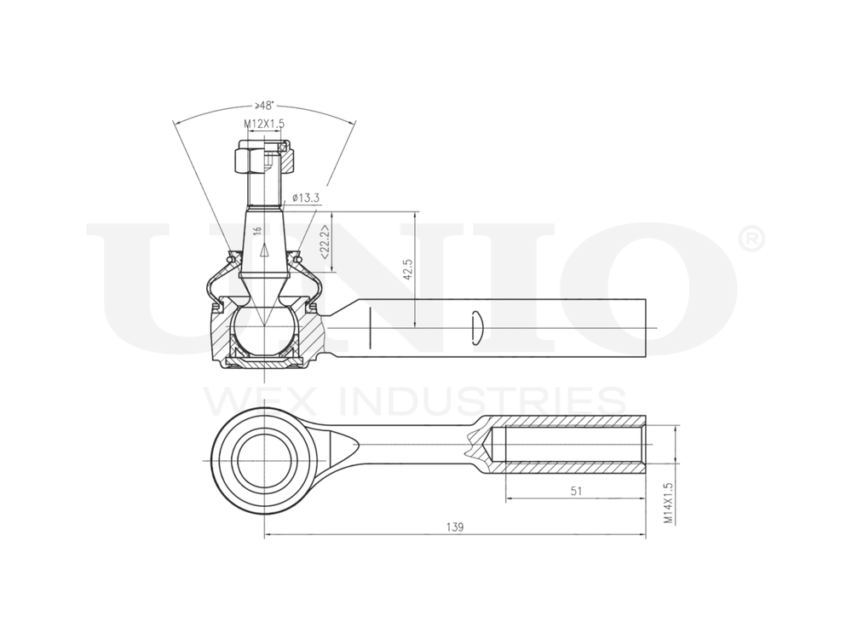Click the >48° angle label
[x=263, y=106]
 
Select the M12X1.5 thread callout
[x=264, y=124]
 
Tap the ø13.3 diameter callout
[x=305, y=198]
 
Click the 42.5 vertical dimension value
[x=408, y=269]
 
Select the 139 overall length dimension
[x=455, y=528]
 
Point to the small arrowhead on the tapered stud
[x=264, y=250]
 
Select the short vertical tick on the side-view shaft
[x=371, y=328]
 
